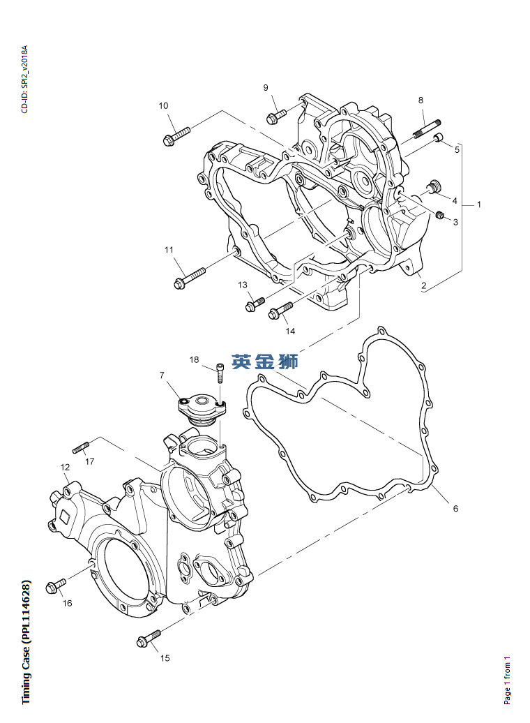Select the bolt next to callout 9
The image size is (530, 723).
click(277, 114)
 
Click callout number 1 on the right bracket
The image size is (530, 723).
click(479, 204)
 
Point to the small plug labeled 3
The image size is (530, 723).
click(440, 213)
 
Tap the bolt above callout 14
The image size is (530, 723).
click(281, 310)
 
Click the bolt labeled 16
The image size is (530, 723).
click(55, 584)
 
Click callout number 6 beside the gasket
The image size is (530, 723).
click(455, 509)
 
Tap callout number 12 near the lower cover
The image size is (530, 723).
click(65, 467)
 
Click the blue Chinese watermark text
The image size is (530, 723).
click(265, 361)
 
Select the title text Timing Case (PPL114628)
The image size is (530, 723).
click(26, 641)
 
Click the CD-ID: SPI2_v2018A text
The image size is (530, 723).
click(24, 80)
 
